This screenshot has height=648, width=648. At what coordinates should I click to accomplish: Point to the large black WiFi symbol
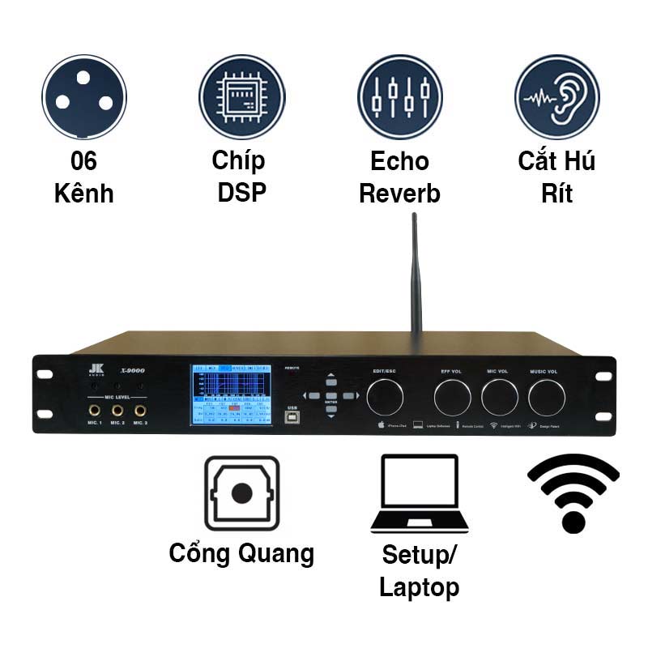pos(573,492)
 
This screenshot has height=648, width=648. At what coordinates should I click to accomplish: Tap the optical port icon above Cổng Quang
pos(241,492)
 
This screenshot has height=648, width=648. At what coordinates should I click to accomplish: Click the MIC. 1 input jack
pos(95,411)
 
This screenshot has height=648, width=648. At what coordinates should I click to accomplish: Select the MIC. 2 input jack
pos(117,411)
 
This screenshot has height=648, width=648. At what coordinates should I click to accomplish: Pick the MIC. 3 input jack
pos(140,411)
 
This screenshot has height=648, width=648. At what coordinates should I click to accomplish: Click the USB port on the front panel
pos(291,416)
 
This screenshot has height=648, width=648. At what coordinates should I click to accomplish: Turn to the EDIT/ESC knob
pos(384,397)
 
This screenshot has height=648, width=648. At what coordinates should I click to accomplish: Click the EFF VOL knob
pos(453,397)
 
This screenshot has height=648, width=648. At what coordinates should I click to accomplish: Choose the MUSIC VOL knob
pos(547,397)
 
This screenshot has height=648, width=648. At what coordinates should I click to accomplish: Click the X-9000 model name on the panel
pos(132,370)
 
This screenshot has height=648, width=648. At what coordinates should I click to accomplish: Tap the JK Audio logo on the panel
pos(94,369)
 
